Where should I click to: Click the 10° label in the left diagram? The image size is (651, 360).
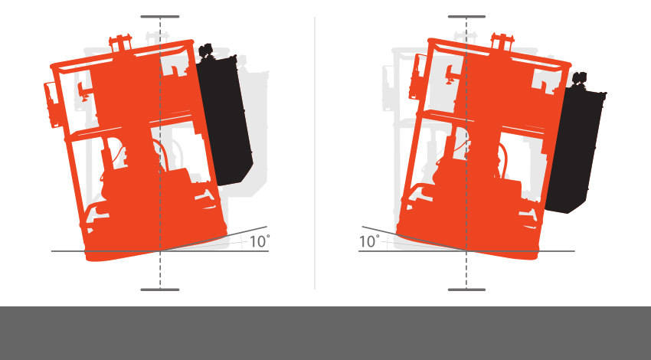coord(260,241)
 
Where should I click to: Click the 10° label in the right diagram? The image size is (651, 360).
coord(369,241)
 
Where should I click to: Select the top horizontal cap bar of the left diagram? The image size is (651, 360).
coord(160,17)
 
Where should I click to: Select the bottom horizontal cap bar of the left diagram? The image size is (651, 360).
coord(160,290)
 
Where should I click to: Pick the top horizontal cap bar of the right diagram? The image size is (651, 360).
coord(466,17)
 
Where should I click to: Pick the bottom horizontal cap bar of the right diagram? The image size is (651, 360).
coord(466,290)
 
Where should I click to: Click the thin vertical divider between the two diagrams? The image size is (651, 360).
coord(315,152)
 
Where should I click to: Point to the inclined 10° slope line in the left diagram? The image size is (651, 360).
coord(214,239)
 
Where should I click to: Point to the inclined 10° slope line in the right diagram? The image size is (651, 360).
coord(414,239)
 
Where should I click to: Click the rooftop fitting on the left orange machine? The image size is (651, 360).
coord(120,42)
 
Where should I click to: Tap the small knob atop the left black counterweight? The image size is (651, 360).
coord(205,51)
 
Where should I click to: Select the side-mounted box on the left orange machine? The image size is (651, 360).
coord(51,104)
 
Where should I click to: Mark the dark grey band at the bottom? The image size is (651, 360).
coord(325,333)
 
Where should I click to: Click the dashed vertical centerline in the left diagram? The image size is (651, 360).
coord(160,152)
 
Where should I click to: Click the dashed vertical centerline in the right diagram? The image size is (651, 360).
coord(466,152)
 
